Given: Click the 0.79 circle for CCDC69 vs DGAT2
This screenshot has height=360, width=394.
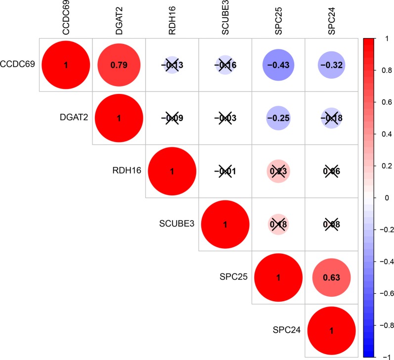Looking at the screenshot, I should pos(119,65).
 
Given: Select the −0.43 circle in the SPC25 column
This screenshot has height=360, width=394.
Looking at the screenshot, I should pos(278,65).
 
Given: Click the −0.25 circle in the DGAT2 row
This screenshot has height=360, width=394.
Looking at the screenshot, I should pos(278,118).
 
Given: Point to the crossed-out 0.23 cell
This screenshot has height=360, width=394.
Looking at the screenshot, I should pos(278,171).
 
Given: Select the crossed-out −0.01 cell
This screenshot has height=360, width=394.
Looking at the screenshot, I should pos(225,171).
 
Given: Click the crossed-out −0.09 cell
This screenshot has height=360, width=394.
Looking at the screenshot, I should pos(172,118).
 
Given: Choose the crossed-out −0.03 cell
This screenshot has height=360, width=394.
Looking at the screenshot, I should pos(225,118).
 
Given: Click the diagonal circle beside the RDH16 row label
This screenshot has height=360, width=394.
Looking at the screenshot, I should pos(172,171).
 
